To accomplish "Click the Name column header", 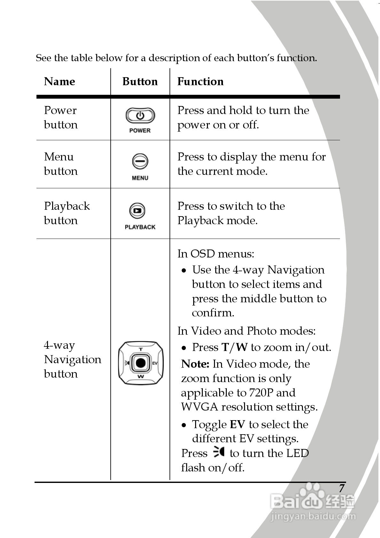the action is [x=59, y=81].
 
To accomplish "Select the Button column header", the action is [x=140, y=81].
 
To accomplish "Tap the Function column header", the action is [x=200, y=81].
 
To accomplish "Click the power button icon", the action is [x=140, y=116].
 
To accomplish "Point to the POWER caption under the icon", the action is [x=140, y=130].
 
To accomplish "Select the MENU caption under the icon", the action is [x=140, y=178].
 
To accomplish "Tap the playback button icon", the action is [x=137, y=211].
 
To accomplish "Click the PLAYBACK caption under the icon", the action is [x=140, y=227].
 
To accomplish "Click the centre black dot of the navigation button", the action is [x=141, y=363].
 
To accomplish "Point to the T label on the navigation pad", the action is [x=141, y=349].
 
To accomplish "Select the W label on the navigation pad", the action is [x=141, y=376].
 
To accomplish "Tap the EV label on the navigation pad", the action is [x=155, y=363].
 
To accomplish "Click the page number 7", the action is [x=342, y=488].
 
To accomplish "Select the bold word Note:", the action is [x=195, y=364].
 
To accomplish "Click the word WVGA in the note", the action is [x=200, y=407].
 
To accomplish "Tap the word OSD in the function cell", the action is [x=202, y=254].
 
